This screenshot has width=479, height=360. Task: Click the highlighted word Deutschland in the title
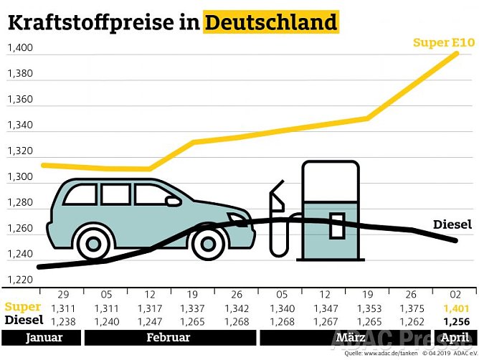[270, 22]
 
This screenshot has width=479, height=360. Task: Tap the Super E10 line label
[443, 43]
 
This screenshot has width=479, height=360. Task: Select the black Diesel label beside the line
[452, 225]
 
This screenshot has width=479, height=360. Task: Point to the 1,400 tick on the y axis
[19, 49]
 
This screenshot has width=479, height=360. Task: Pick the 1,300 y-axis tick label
[19, 177]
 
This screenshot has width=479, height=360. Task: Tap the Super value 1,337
[193, 308]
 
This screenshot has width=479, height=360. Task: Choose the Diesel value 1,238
[62, 321]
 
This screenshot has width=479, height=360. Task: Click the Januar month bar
[42, 338]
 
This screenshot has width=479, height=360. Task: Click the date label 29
[62, 294]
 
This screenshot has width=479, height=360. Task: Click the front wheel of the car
[208, 242]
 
